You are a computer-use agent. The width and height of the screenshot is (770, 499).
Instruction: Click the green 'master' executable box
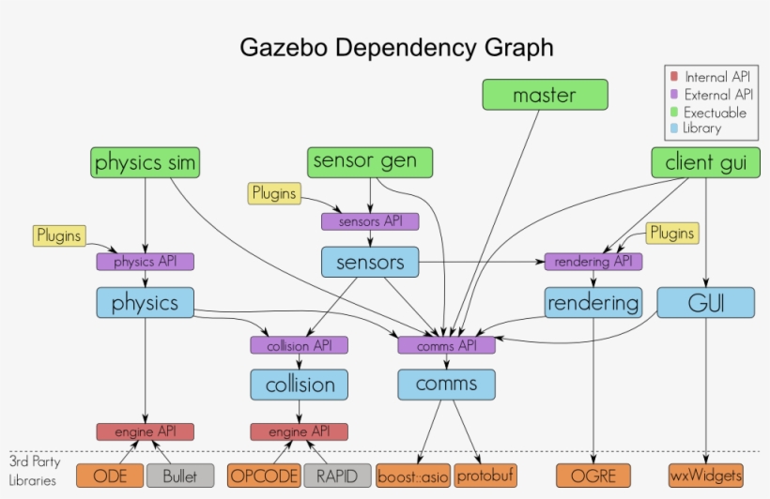coord(545,95)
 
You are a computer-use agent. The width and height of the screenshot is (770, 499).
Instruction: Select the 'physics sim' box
coord(145,162)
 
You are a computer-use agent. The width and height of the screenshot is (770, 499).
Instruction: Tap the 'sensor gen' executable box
coord(370,161)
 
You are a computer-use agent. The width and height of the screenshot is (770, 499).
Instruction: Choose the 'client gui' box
coord(705,162)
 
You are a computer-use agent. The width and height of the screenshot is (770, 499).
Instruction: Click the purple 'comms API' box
coord(446,345)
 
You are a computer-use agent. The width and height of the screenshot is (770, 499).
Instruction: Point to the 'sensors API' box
coord(370,221)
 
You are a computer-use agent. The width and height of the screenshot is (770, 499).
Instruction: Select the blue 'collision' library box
coord(299,385)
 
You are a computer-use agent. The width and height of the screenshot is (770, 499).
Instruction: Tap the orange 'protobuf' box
coord(486,476)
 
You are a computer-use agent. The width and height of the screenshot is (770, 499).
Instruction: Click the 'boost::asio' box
coord(413,476)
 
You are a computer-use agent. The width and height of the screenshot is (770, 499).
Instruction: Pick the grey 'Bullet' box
coord(179,476)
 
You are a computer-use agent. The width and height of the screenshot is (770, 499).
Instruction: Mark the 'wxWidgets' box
coord(706,475)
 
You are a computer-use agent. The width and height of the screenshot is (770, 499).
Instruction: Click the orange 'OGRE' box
coord(593,476)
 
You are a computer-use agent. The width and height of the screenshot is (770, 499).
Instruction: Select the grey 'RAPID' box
coord(336,476)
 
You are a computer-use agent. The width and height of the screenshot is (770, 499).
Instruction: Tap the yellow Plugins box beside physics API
coord(58,234)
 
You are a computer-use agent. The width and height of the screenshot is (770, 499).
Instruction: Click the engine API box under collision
coord(299,431)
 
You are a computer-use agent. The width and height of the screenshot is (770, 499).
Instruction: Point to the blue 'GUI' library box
coord(705,302)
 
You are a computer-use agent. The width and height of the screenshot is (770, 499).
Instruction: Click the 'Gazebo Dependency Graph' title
coord(396,47)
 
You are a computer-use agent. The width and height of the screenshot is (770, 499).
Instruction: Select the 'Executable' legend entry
coord(715,112)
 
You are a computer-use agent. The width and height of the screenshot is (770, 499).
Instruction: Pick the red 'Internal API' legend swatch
coord(673,77)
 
